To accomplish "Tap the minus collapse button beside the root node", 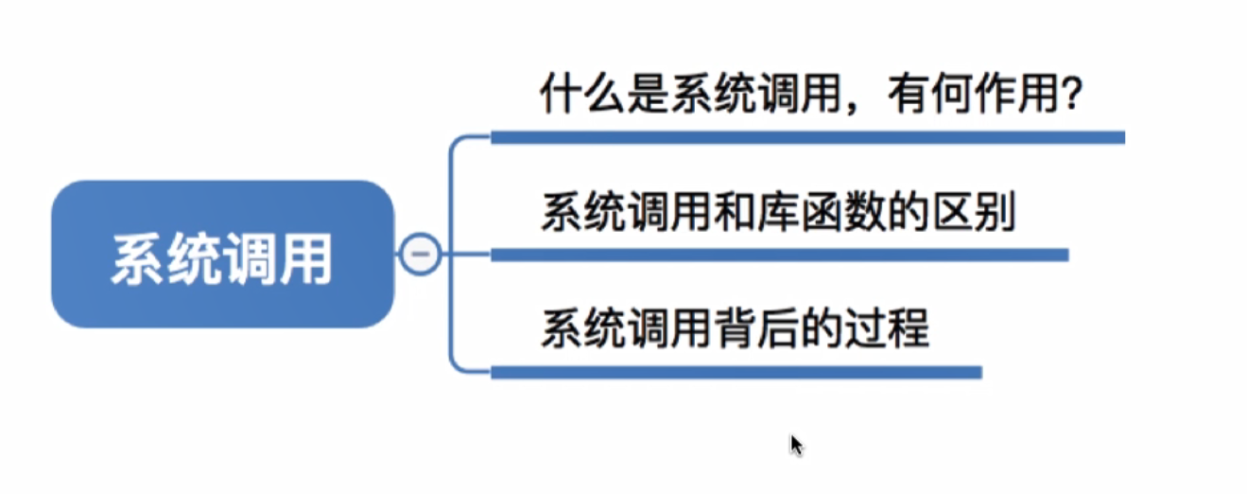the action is (420, 255).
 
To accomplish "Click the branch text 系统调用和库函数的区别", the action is (778, 213).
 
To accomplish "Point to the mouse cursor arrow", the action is (796, 444).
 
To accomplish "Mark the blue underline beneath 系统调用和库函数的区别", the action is (779, 255).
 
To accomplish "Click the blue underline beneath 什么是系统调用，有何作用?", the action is (807, 137).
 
